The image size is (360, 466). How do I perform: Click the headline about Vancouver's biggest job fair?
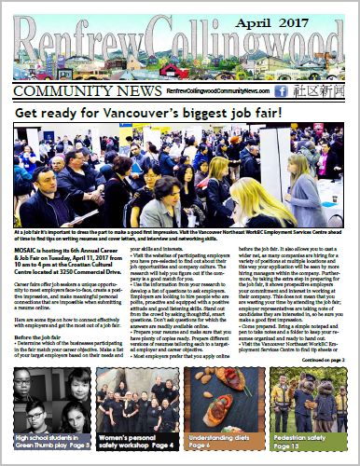pos(179,116)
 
